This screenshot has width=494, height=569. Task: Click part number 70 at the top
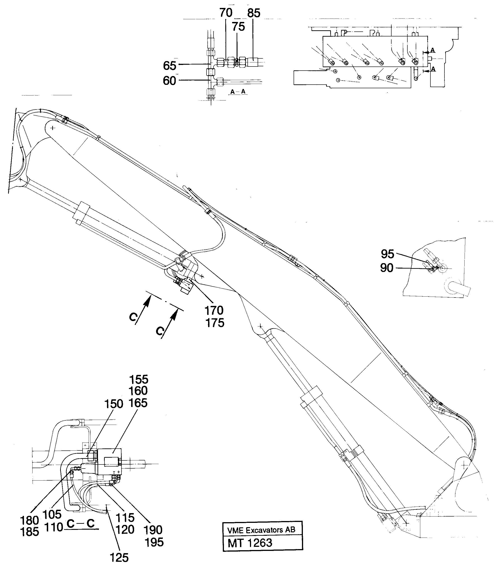point(226,13)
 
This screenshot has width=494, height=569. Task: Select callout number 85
point(254,13)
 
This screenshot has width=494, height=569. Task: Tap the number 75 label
point(238,27)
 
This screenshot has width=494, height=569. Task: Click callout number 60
point(169,81)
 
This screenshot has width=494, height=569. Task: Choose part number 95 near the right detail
point(387,254)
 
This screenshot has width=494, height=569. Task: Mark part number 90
point(387,268)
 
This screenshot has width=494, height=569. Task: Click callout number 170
point(214,311)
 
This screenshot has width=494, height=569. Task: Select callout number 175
point(215,323)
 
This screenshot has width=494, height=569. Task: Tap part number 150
point(113,404)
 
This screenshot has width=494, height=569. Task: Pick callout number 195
point(154,542)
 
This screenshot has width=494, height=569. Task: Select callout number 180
point(29,521)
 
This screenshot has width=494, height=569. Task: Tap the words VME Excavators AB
point(261,530)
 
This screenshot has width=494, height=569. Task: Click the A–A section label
point(238,92)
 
